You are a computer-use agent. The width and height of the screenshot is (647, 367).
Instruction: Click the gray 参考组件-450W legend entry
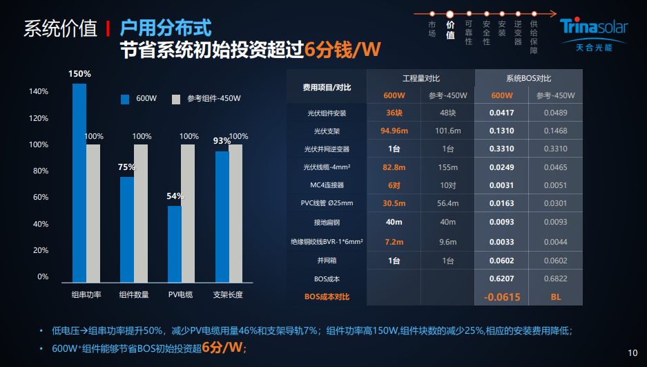pyautogui.click(x=207, y=99)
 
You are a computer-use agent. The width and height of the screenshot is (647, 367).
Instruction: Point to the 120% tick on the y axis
pyautogui.click(x=39, y=118)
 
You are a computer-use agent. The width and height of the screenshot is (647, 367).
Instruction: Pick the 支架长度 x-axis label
pyautogui.click(x=227, y=294)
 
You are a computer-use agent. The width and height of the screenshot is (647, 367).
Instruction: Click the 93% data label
pyautogui.click(x=222, y=141)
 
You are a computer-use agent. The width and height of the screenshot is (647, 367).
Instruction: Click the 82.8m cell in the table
pyautogui.click(x=394, y=167)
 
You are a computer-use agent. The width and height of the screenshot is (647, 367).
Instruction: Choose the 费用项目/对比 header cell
pyautogui.click(x=327, y=87)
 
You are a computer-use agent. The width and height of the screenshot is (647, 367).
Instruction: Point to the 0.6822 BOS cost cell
pyautogui.click(x=555, y=279)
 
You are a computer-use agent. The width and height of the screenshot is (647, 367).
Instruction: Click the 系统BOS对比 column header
pyautogui.click(x=528, y=79)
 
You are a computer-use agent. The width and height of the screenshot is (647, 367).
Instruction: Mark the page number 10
pyautogui.click(x=632, y=352)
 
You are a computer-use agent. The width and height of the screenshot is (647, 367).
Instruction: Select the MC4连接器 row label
pyautogui.click(x=327, y=186)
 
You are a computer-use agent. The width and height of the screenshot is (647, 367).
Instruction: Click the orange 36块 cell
pyautogui.click(x=394, y=113)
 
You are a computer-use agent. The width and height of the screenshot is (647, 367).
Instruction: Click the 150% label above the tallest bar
pyautogui.click(x=79, y=74)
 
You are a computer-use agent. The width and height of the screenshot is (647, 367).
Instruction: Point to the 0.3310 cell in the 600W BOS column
pyautogui.click(x=501, y=149)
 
